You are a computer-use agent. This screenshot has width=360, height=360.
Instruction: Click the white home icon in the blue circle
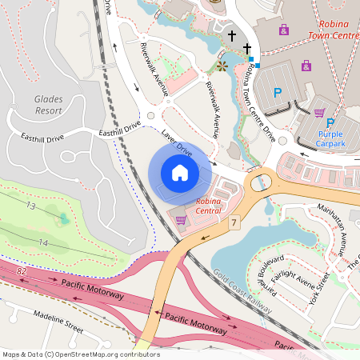tap(179, 172)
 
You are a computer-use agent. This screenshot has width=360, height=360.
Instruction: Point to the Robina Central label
tap(208, 206)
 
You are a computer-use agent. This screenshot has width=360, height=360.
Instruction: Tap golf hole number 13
tap(31, 206)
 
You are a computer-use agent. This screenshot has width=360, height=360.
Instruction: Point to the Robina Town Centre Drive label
tap(258, 105)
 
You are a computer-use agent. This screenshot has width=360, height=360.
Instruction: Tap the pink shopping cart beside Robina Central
tap(181, 219)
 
